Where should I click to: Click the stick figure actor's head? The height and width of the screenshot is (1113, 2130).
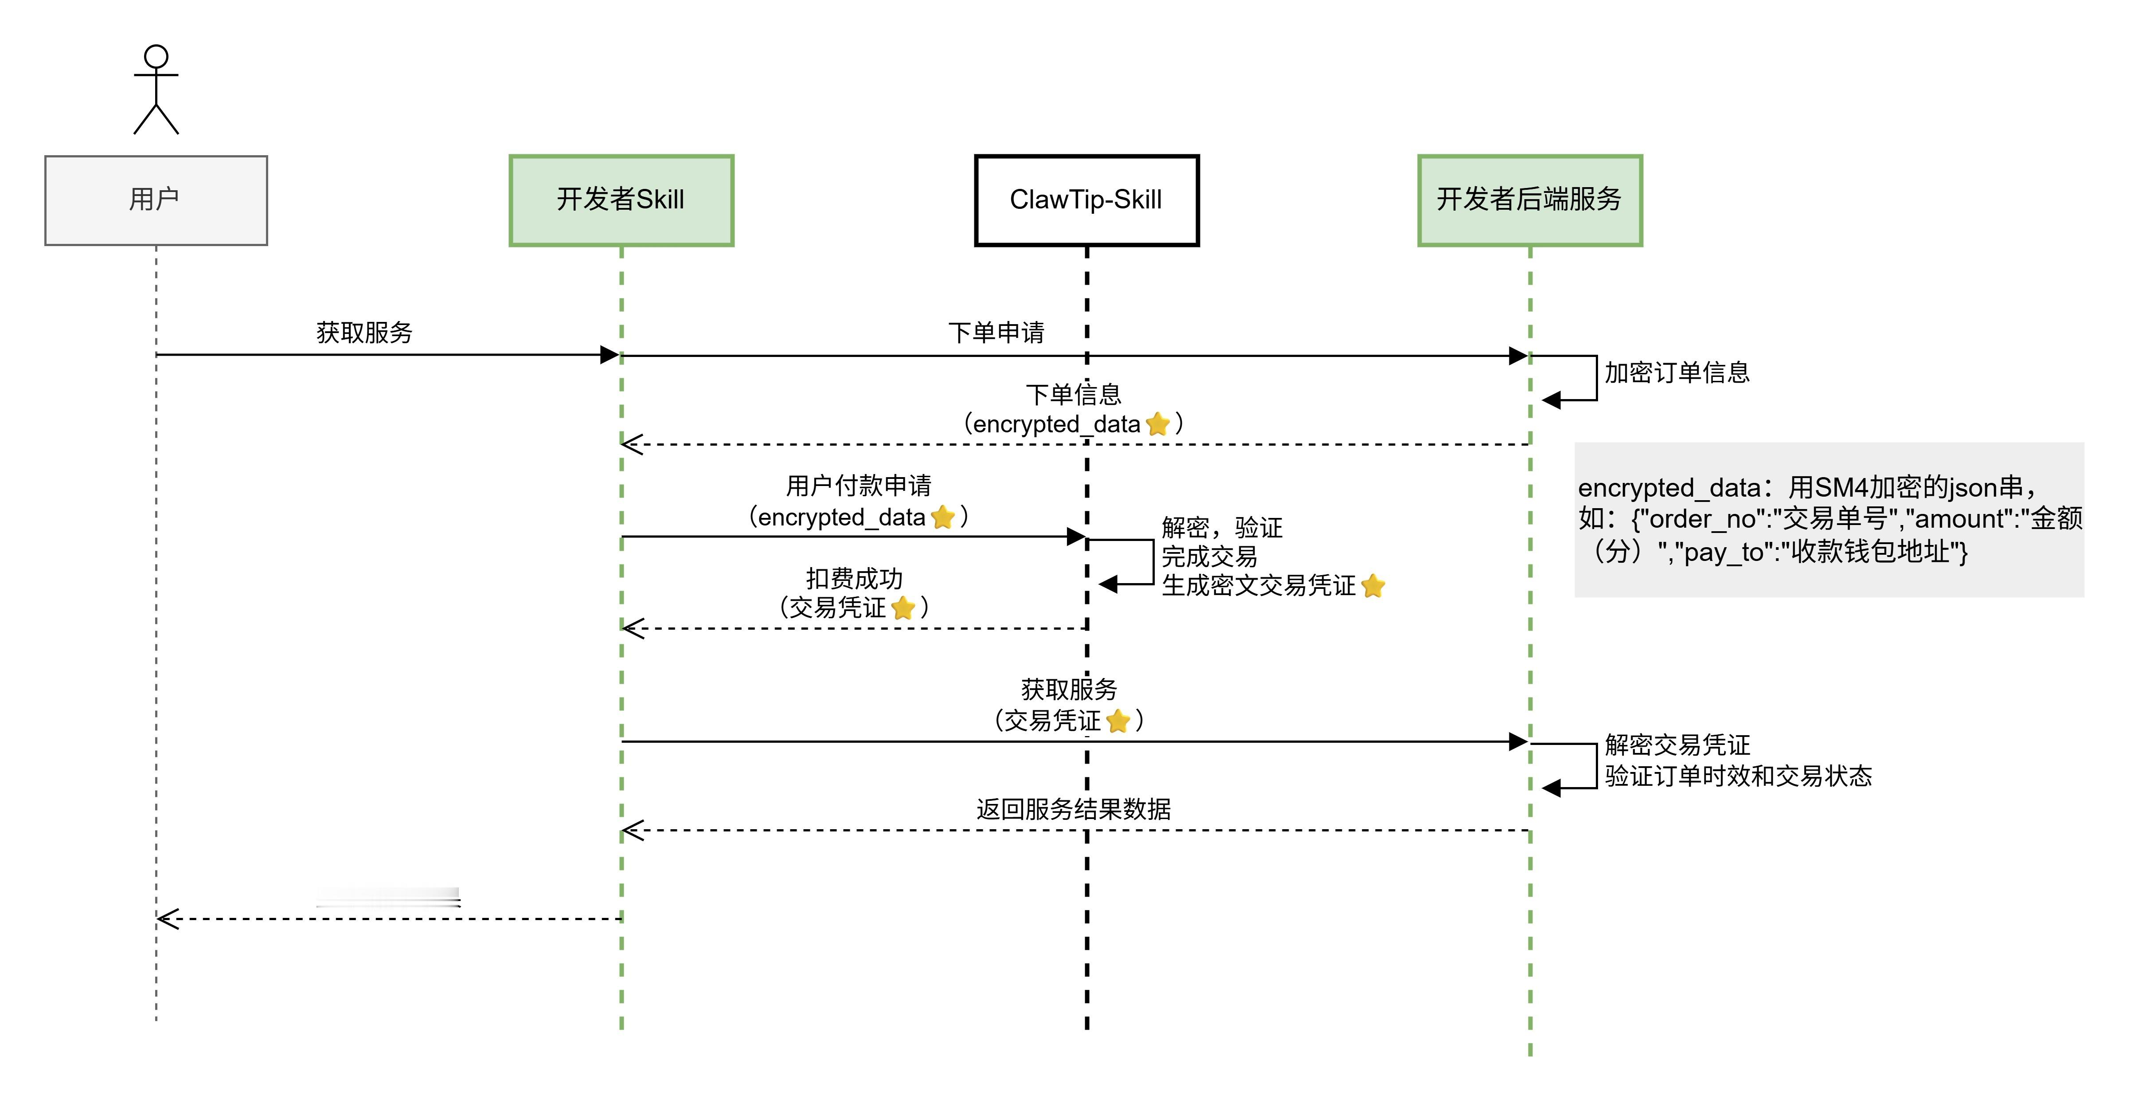156,57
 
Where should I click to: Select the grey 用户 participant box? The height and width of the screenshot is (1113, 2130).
156,200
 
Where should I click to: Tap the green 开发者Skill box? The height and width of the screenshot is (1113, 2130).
621,200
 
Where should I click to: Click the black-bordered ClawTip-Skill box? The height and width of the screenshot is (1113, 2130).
1086,200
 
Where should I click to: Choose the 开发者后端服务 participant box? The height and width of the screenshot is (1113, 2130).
1530,200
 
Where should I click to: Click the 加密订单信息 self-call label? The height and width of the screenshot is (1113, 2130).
1677,373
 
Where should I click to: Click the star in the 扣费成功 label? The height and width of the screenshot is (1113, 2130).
904,608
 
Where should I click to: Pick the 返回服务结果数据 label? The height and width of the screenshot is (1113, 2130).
1073,809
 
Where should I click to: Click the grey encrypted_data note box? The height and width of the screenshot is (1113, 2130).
1829,519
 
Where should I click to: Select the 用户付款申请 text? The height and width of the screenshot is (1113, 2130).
858,486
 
